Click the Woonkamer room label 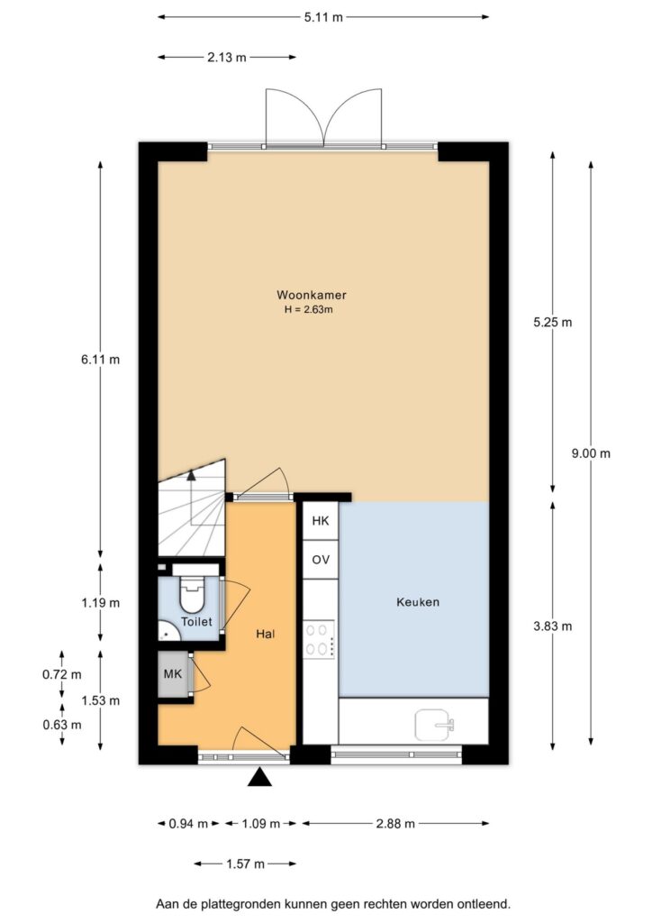(x=312, y=295)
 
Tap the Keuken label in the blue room (x=418, y=602)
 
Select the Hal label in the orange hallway (x=265, y=634)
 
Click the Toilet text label (x=196, y=622)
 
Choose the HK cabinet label (x=321, y=521)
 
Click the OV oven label (x=321, y=560)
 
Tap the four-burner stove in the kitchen (x=319, y=639)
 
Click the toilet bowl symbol (x=191, y=595)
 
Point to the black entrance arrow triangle (x=260, y=777)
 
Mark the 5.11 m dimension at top (x=323, y=17)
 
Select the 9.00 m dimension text (x=591, y=453)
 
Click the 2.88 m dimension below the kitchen (x=396, y=823)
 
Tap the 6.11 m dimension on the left (x=100, y=359)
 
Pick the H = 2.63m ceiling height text (x=309, y=309)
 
